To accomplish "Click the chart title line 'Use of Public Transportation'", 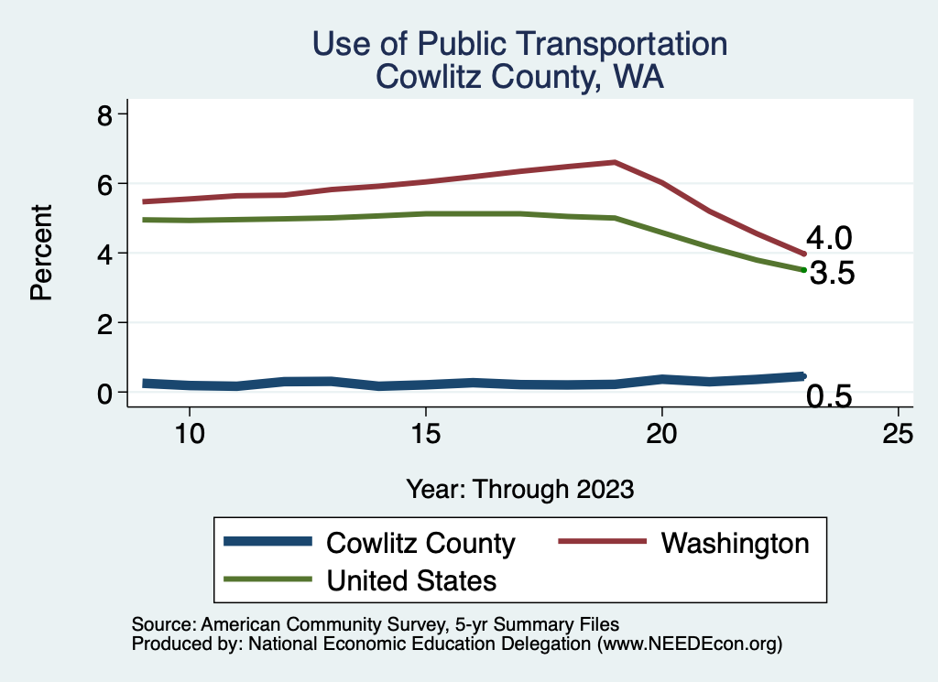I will coord(519,44).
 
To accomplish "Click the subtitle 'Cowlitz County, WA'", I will coord(519,77).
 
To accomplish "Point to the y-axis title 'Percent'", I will coord(40,253).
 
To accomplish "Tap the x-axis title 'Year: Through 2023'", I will coord(519,489).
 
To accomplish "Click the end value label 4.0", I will coord(830,239).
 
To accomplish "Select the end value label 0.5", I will coord(830,396).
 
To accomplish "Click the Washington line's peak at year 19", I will coord(615,162).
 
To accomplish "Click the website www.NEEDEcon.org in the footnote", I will coord(688,644).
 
